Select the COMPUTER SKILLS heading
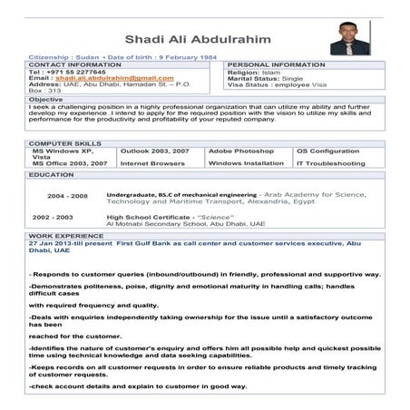(x=63, y=143)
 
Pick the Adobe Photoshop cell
(x=240, y=150)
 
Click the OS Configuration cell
(x=327, y=150)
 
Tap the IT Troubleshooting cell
(x=330, y=163)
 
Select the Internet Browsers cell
(x=151, y=163)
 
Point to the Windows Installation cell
(x=246, y=163)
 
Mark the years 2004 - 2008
(x=67, y=195)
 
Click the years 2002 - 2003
(x=54, y=218)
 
